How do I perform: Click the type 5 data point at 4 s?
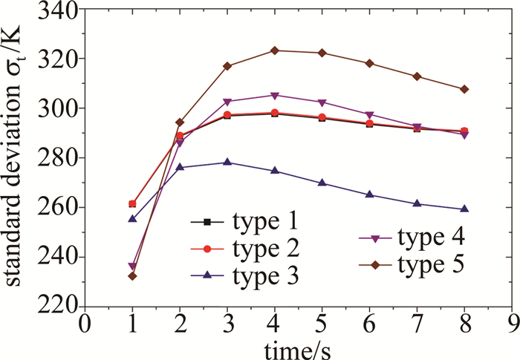(x=275, y=50)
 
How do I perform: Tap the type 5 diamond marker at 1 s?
(x=132, y=276)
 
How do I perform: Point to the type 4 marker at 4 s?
(x=275, y=95)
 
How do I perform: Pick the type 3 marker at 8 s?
(x=464, y=209)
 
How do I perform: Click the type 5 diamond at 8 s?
(x=464, y=89)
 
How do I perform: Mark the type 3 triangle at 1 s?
(x=132, y=219)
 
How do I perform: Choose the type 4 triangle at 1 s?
(x=132, y=266)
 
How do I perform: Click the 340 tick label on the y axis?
(x=59, y=10)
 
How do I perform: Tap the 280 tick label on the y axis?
(x=59, y=158)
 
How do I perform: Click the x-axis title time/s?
(x=298, y=347)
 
